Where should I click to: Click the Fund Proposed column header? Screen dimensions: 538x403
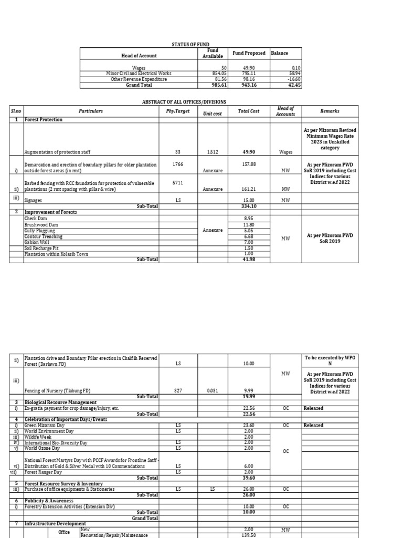point(249,53)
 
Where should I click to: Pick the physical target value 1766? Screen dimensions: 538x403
point(177,164)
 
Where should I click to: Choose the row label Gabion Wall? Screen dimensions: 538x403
point(37,242)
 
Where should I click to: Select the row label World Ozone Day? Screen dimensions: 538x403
point(42,448)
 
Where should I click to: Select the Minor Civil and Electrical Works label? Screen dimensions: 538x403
point(137,74)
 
